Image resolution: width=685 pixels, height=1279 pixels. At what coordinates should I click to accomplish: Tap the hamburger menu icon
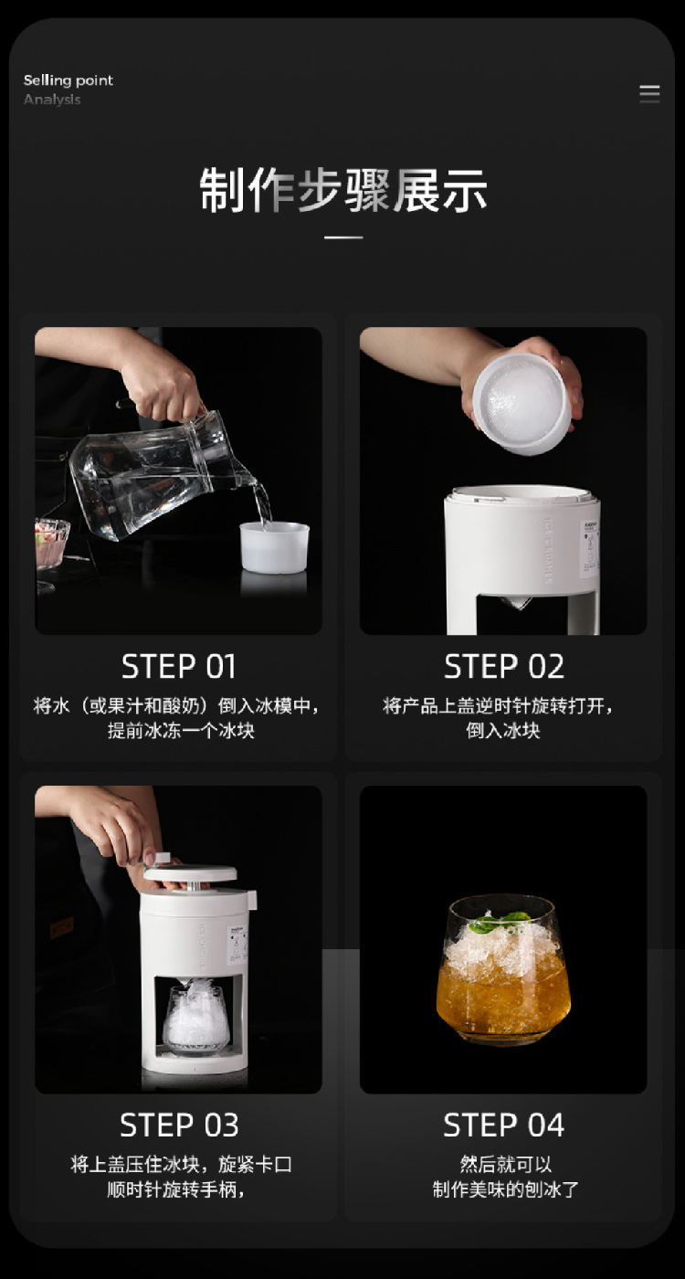(x=649, y=93)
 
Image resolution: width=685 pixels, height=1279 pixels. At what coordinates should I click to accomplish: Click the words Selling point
(x=68, y=80)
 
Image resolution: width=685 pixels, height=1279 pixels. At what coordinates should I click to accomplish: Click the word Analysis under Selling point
(x=52, y=100)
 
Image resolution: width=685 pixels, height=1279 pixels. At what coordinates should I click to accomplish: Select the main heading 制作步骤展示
(x=343, y=190)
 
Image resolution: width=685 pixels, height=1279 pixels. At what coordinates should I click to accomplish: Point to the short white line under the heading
(x=343, y=237)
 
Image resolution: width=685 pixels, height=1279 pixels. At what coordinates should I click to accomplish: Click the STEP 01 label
(x=179, y=666)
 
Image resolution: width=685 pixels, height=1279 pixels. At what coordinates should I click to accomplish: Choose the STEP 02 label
(x=504, y=666)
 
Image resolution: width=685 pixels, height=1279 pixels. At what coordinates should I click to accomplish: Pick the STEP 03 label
(x=179, y=1125)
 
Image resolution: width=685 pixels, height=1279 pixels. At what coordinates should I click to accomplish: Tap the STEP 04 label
(x=504, y=1125)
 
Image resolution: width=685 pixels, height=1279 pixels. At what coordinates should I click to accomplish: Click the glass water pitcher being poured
(x=165, y=474)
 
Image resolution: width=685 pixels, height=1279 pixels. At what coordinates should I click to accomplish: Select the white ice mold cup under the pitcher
(x=275, y=547)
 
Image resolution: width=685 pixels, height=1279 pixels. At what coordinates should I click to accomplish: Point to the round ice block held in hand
(x=522, y=401)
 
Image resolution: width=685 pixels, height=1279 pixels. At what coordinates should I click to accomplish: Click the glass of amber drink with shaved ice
(x=503, y=970)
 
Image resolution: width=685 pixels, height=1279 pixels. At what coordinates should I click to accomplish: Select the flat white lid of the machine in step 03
(x=190, y=872)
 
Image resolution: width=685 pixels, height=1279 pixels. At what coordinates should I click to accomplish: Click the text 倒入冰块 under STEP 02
(x=503, y=730)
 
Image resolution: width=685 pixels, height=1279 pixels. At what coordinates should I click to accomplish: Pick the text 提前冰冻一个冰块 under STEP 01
(x=181, y=730)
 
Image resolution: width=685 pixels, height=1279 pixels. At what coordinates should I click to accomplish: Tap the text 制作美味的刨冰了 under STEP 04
(x=505, y=1189)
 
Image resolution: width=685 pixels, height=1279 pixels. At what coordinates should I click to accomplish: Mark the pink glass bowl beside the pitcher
(x=51, y=544)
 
